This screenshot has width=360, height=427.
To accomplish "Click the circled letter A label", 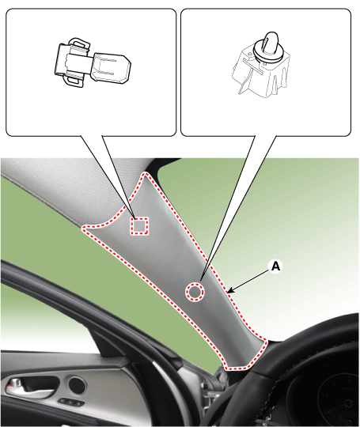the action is point(276,266).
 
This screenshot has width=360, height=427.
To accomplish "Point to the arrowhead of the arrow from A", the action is point(229,292).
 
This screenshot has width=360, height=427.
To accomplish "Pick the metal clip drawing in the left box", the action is point(92,63).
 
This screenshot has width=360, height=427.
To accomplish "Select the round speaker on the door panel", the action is point(77,385).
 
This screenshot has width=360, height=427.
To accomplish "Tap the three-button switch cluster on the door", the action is point(71,402).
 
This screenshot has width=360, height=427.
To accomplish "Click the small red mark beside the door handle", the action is point(9,386).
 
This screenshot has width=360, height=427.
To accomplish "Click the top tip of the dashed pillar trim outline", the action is point(146,172).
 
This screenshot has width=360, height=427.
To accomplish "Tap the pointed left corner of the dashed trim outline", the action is point(83,228).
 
